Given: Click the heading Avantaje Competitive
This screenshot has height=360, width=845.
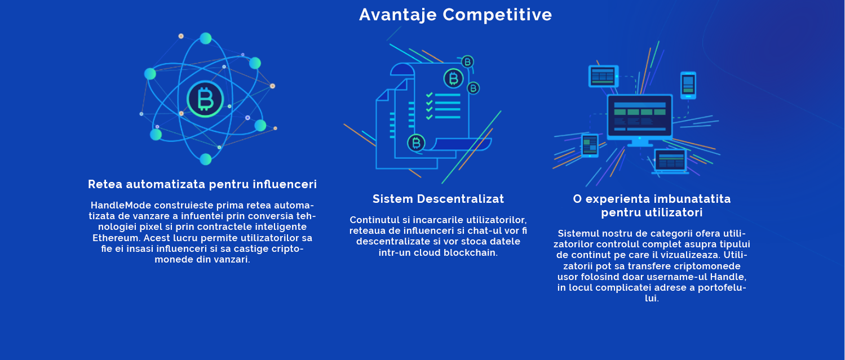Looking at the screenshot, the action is [x=455, y=15].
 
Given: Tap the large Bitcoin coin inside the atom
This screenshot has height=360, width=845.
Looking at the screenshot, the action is [x=205, y=99].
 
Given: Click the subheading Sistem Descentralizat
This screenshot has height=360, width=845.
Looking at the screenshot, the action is [x=438, y=199].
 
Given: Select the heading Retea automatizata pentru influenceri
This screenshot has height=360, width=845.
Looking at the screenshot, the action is [x=202, y=184].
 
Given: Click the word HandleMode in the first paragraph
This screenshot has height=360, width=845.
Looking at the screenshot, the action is [x=121, y=206].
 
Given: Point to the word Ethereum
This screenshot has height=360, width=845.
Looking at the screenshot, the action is [x=117, y=238].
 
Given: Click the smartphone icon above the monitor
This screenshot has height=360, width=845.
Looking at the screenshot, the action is [x=688, y=86].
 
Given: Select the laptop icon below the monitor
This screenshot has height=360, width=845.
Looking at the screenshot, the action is [x=670, y=162].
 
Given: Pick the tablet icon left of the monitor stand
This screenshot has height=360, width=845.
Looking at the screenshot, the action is [x=590, y=145].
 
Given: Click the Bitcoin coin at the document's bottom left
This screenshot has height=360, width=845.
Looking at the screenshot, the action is [x=416, y=143].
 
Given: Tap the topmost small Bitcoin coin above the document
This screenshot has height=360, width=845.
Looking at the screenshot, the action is [x=467, y=62].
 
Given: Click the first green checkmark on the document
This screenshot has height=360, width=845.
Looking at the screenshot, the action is [x=430, y=95].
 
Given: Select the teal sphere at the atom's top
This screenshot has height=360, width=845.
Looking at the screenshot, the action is [x=205, y=38].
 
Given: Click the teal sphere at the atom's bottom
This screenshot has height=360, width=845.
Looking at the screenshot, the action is [x=205, y=159].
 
